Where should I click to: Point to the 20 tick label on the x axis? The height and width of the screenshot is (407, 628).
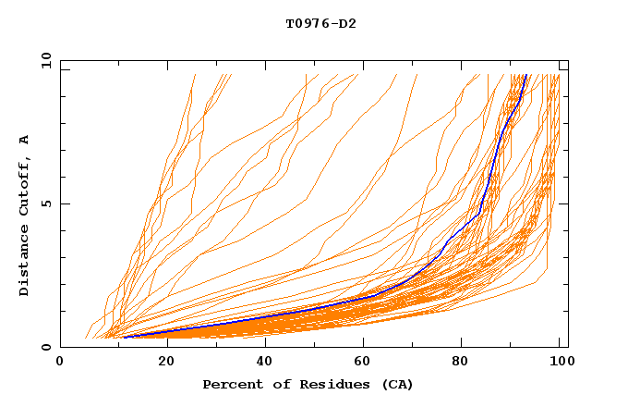(x=161, y=362)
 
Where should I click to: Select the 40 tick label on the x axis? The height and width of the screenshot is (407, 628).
(x=260, y=362)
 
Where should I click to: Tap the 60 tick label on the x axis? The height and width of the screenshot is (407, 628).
(x=361, y=362)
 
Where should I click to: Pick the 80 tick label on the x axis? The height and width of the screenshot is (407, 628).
(x=461, y=362)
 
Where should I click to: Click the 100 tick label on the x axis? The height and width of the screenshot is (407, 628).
(x=561, y=362)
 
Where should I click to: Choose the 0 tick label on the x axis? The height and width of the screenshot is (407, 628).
(x=60, y=362)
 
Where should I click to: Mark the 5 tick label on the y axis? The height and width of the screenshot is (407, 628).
(x=44, y=203)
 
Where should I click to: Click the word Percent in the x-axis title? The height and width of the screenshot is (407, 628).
(x=229, y=384)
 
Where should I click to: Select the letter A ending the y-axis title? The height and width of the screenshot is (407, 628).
(x=25, y=140)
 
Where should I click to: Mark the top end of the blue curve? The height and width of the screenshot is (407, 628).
(x=525, y=75)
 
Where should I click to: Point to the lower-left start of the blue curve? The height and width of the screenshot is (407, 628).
(x=124, y=338)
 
